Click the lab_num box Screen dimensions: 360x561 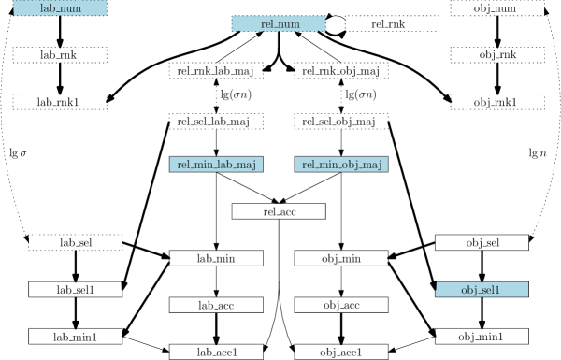pos(60,7)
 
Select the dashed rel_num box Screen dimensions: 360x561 pos(279,23)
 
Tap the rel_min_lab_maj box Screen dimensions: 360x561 pos(216,165)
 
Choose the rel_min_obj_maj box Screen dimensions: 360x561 pos(341,165)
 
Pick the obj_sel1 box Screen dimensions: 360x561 pos(482,290)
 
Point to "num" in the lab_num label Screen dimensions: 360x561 pos(71,8)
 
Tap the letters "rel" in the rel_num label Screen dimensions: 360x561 pos(267,23)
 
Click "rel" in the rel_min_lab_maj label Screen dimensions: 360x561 pos(183,165)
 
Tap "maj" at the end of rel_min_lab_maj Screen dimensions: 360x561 pos(247,166)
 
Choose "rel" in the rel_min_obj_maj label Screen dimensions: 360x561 pos(308,165)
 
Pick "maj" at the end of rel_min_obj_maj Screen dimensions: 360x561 pos(372,166)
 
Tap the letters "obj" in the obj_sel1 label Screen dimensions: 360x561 pos(468,290)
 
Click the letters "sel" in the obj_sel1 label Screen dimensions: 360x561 pos(488,290)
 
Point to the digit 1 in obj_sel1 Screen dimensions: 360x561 pos(498,290)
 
